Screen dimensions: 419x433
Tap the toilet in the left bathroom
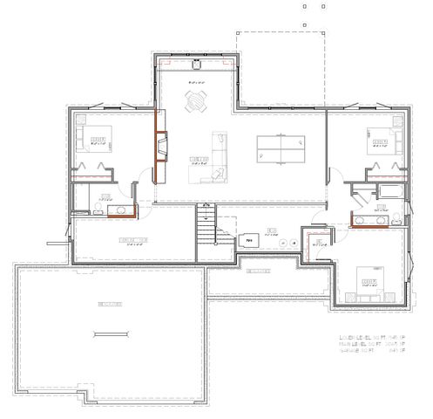point(79,207)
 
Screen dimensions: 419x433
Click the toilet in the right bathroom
point(394,216)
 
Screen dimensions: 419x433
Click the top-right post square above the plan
point(323,5)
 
